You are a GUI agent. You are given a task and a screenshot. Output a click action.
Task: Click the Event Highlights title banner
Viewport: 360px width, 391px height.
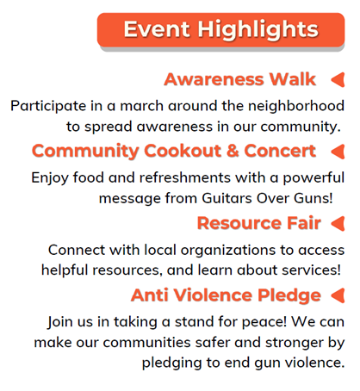220,30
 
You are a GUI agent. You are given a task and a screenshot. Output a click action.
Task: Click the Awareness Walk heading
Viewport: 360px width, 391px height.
239,79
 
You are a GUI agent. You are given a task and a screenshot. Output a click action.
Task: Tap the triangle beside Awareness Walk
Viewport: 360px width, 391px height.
338,79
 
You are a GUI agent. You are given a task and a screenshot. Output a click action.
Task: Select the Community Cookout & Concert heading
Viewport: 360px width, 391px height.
174,152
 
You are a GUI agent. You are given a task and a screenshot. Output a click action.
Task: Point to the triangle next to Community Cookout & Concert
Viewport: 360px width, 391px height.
338,152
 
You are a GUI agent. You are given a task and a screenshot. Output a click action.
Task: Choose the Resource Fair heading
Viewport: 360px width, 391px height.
259,223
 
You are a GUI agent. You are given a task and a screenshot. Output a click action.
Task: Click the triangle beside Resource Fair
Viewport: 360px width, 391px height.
338,224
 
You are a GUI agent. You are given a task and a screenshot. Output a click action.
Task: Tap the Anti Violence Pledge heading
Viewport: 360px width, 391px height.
226,295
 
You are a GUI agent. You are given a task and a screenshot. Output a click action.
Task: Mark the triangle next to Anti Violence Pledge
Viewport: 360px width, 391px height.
338,295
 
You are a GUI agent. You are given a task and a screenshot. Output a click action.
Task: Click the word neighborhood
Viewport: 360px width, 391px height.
296,106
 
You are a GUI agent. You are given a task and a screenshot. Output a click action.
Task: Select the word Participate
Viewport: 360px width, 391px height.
48,106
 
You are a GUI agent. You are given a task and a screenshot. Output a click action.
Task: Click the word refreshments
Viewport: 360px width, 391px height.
185,177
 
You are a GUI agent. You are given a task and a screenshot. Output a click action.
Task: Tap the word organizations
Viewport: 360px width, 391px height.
228,251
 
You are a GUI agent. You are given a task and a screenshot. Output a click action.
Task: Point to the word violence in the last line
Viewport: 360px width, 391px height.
314,363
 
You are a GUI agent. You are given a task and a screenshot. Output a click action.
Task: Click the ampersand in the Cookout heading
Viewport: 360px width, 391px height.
233,151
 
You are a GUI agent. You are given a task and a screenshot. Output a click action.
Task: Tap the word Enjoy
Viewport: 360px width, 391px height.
50,178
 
